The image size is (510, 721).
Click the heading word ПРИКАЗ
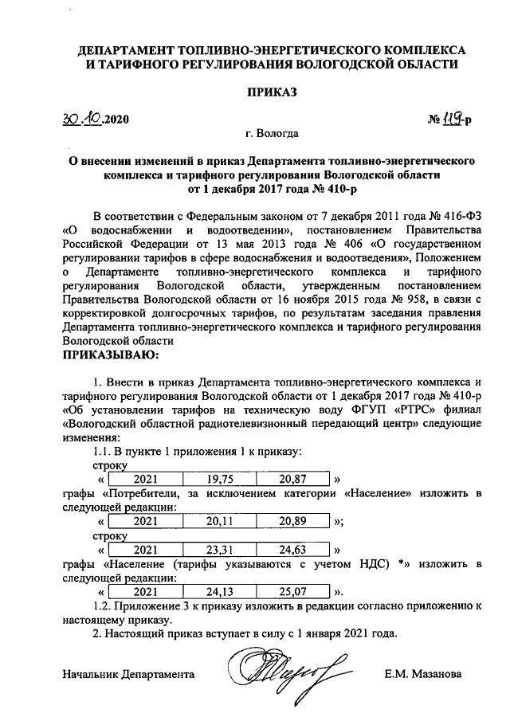[x=273, y=93]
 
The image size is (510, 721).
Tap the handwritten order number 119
[x=454, y=120]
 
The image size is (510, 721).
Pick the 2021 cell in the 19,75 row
[x=146, y=479]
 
